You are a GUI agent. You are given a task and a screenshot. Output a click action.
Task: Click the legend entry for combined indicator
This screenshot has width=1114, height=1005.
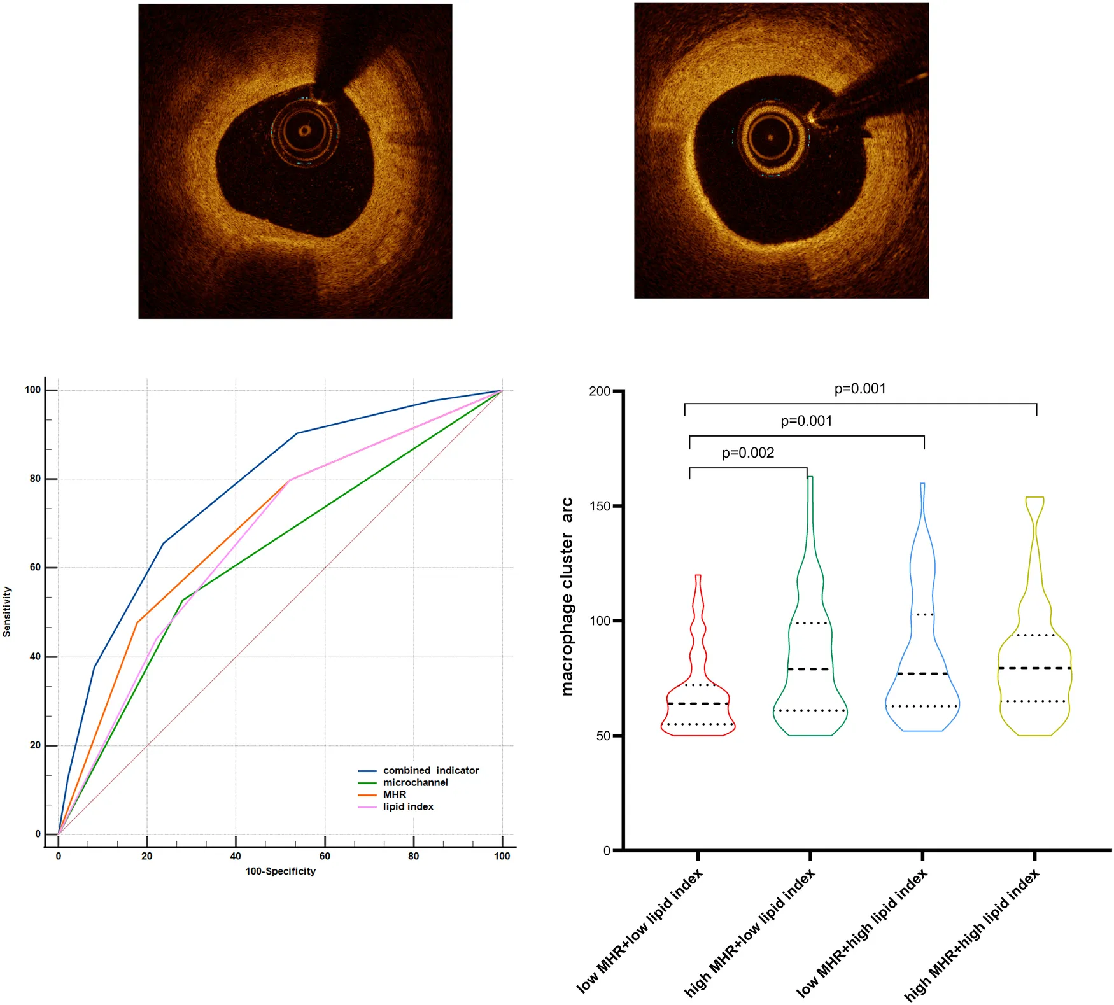[430, 770]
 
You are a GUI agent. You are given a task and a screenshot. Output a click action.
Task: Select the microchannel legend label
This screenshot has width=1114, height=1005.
[415, 782]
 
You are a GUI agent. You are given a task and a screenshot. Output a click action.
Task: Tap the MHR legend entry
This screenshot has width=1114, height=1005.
[394, 794]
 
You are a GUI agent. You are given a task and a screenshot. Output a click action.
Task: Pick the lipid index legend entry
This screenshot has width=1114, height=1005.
[407, 806]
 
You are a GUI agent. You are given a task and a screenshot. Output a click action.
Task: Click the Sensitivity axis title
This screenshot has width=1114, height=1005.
[7, 612]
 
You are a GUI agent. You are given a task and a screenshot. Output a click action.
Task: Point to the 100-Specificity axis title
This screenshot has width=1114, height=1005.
[280, 871]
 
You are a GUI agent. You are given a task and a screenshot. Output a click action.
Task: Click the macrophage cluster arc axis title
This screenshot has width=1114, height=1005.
[567, 596]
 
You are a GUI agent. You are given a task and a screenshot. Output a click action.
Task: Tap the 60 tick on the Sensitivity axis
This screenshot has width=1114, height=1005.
[35, 567]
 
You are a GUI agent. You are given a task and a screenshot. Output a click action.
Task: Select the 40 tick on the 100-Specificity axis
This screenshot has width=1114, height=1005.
[236, 856]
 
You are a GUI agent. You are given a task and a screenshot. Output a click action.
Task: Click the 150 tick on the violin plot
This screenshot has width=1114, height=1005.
[600, 506]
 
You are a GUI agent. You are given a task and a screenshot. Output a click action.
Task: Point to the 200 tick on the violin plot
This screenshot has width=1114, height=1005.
[600, 391]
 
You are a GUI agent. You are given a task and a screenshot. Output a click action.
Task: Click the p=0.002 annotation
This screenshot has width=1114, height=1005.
[748, 453]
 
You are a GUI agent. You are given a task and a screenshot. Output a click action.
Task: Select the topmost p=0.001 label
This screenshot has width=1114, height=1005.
[860, 388]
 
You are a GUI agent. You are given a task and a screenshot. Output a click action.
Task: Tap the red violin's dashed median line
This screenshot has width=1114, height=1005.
[698, 703]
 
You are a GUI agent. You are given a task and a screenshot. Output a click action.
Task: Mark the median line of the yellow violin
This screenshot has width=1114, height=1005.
[1034, 668]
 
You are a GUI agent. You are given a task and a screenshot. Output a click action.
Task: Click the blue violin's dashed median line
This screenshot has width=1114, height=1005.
[922, 673]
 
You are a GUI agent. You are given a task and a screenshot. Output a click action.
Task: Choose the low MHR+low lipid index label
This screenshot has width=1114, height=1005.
[640, 931]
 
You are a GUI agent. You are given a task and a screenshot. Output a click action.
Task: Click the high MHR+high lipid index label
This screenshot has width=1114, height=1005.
[972, 934]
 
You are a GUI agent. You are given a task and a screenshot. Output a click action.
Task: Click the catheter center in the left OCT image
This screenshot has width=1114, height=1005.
[304, 131]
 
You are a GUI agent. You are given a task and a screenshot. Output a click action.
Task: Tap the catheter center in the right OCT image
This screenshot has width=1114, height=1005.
[770, 137]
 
